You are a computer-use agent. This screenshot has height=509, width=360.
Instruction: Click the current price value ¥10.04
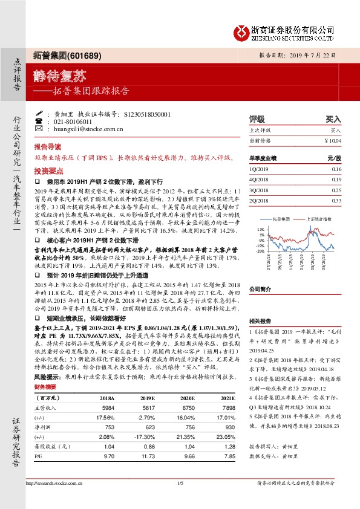click(333, 140)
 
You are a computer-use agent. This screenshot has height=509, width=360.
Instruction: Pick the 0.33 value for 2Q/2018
click(336, 200)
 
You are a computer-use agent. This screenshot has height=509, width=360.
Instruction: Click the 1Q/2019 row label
click(258, 169)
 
